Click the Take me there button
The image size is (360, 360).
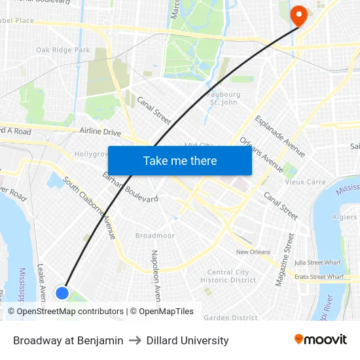tap(180, 161)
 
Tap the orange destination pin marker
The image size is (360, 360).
tap(298, 16)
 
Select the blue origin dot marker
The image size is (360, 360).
tap(62, 293)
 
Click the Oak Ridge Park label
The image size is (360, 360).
tap(63, 50)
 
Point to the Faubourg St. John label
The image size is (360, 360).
tap(223, 98)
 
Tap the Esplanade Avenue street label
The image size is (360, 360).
tap(280, 136)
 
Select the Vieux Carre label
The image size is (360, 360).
tap(304, 182)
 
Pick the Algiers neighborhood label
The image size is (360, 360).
tap(344, 217)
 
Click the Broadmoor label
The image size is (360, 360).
tap(154, 236)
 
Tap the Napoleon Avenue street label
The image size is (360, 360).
tap(156, 275)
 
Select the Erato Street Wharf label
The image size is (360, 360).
tap(319, 278)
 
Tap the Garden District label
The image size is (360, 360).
tap(230, 318)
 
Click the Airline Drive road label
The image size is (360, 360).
tap(100, 132)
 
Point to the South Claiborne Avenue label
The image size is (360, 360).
tap(90, 208)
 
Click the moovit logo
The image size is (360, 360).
tap(320, 340)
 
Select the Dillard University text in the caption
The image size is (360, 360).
tap(188, 340)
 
